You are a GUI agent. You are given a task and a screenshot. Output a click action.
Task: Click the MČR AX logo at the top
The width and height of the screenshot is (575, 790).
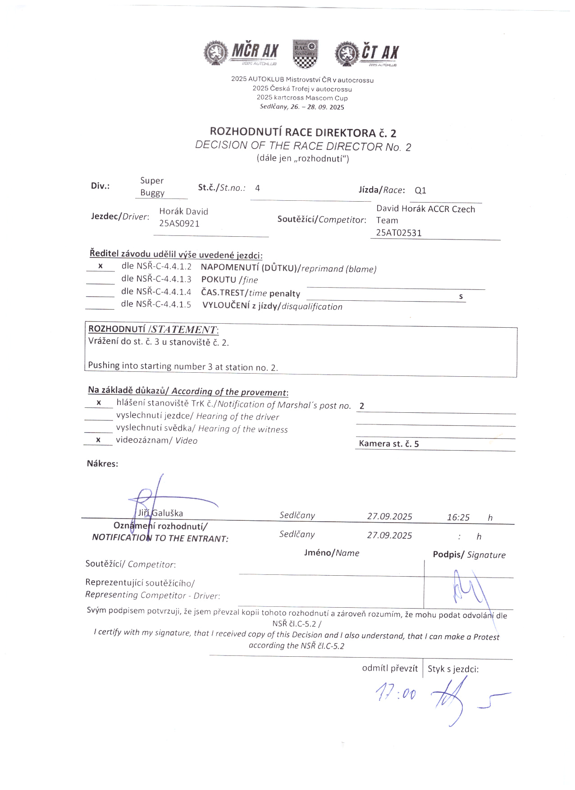pyautogui.click(x=241, y=53)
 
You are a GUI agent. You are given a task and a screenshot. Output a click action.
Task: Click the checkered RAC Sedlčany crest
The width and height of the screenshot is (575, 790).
pyautogui.click(x=306, y=54)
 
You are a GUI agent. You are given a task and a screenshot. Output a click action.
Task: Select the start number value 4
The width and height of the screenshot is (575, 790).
pyautogui.click(x=257, y=188)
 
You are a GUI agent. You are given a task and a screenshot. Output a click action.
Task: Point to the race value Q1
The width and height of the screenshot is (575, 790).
pyautogui.click(x=420, y=190)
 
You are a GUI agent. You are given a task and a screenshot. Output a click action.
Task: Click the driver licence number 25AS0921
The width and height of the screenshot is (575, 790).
pyautogui.click(x=179, y=224)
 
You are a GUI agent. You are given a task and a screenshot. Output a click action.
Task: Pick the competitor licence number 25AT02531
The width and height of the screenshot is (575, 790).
pyautogui.click(x=399, y=233)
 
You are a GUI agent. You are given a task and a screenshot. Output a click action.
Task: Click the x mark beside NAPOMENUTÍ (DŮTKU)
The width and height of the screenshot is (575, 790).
pyautogui.click(x=100, y=266)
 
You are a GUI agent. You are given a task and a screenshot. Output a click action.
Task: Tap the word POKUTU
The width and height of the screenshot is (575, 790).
pyautogui.click(x=219, y=280)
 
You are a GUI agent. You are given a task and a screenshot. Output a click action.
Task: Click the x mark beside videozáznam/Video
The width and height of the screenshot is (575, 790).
pyautogui.click(x=98, y=440)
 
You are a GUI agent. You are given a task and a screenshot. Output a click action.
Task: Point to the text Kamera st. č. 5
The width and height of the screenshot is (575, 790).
pyautogui.click(x=388, y=444)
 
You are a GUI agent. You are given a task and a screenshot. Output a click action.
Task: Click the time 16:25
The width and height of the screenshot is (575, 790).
pyautogui.click(x=458, y=518)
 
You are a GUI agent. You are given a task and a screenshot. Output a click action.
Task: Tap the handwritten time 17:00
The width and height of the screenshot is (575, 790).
pyautogui.click(x=396, y=693)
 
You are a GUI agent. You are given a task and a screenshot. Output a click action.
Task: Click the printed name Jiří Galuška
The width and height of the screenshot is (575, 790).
pyautogui.click(x=160, y=513)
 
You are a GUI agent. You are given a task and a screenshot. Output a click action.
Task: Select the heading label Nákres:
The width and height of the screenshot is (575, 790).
pyautogui.click(x=102, y=464)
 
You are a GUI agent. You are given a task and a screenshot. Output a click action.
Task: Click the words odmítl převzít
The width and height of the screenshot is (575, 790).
pyautogui.click(x=390, y=668)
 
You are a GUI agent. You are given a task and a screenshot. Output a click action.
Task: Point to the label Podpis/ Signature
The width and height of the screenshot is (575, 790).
pyautogui.click(x=469, y=555)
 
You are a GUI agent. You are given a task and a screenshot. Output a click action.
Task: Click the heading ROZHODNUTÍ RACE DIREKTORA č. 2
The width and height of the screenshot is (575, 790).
pyautogui.click(x=303, y=132)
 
